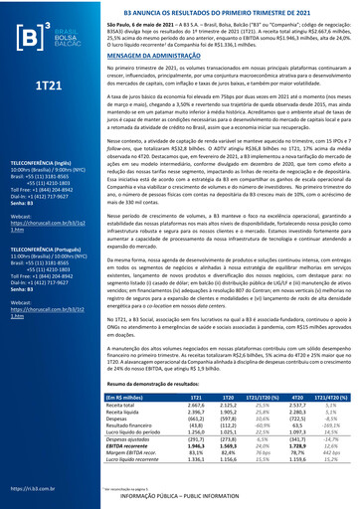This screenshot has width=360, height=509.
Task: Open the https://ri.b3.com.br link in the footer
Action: (x=26, y=488)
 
